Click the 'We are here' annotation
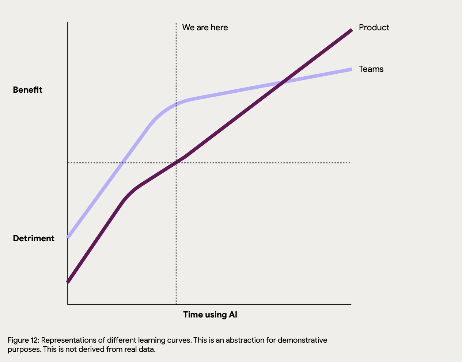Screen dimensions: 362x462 (205, 28)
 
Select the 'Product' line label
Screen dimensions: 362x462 (374, 28)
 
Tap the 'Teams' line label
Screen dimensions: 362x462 (371, 69)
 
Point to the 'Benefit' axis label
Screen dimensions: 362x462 (27, 90)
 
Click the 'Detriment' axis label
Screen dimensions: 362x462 (34, 238)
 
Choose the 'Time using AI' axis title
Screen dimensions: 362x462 (210, 315)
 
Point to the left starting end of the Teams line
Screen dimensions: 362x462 (68, 237)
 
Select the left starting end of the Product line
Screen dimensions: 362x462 (68, 281)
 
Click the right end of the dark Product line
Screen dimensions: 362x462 (351, 30)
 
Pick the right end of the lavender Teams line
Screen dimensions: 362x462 (351, 69)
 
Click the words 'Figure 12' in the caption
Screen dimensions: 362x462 (23, 340)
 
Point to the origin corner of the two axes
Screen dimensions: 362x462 (68, 304)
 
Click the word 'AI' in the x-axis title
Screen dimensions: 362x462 (233, 315)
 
